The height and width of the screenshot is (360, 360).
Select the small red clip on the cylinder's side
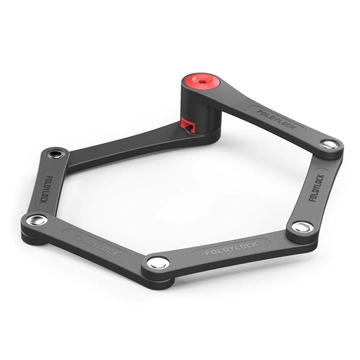click(x=188, y=125)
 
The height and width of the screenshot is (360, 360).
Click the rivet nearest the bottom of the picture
click(x=158, y=262)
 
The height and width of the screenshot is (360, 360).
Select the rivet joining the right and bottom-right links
click(x=297, y=227)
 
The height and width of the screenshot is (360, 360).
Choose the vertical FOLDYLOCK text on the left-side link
click(x=47, y=188)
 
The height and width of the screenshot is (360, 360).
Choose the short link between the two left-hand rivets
click(x=47, y=188)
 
